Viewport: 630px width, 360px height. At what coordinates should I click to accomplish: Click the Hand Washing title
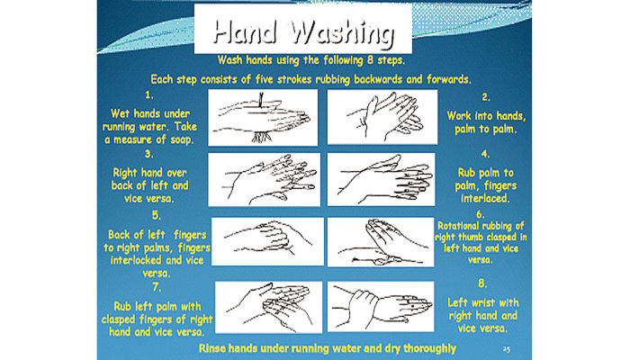pyautogui.click(x=303, y=31)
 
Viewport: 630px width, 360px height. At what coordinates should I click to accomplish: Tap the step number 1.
pyautogui.click(x=149, y=94)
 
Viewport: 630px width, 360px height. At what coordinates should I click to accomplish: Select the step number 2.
pyautogui.click(x=486, y=97)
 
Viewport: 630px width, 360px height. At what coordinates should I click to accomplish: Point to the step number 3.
pyautogui.click(x=149, y=154)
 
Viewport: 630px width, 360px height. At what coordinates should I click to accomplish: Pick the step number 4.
pyautogui.click(x=485, y=154)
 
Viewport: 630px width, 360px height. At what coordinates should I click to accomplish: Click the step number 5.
pyautogui.click(x=157, y=215)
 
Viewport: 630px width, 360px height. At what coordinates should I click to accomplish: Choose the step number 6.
pyautogui.click(x=481, y=214)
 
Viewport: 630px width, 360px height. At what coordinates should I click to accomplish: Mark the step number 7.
pyautogui.click(x=157, y=287)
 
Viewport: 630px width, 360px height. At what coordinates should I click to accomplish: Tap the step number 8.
pyautogui.click(x=482, y=283)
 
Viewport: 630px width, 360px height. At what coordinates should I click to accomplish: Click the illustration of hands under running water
pyautogui.click(x=263, y=117)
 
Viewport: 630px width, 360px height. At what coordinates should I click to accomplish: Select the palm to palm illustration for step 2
pyautogui.click(x=382, y=116)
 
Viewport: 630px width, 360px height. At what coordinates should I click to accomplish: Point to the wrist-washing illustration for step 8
pyautogui.click(x=381, y=306)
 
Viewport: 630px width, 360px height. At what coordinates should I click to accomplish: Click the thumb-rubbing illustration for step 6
pyautogui.click(x=381, y=242)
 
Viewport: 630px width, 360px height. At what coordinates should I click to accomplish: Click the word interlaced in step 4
pyautogui.click(x=485, y=199)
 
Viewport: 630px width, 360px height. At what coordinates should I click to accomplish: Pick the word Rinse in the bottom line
pyautogui.click(x=212, y=348)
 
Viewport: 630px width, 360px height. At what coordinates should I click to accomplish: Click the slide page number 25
pyautogui.click(x=506, y=349)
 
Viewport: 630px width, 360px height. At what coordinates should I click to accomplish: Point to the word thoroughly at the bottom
pyautogui.click(x=429, y=348)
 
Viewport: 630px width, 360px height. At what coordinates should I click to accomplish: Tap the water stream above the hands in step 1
pyautogui.click(x=261, y=100)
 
